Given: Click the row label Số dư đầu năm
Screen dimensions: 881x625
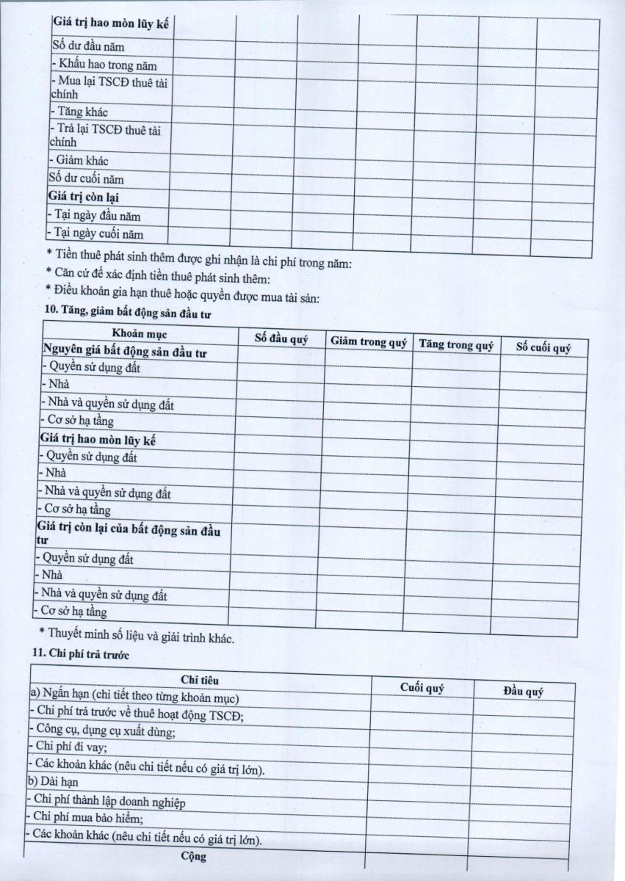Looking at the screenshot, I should point(87,48).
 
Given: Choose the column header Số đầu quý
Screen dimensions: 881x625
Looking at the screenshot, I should point(281,339).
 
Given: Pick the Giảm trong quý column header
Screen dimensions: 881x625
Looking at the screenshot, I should point(368,341).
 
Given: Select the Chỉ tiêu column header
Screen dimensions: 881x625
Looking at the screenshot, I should point(200,681).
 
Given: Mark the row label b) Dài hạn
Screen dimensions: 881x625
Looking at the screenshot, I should point(52,781).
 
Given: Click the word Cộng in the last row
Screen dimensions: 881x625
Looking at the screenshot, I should point(194,856).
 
